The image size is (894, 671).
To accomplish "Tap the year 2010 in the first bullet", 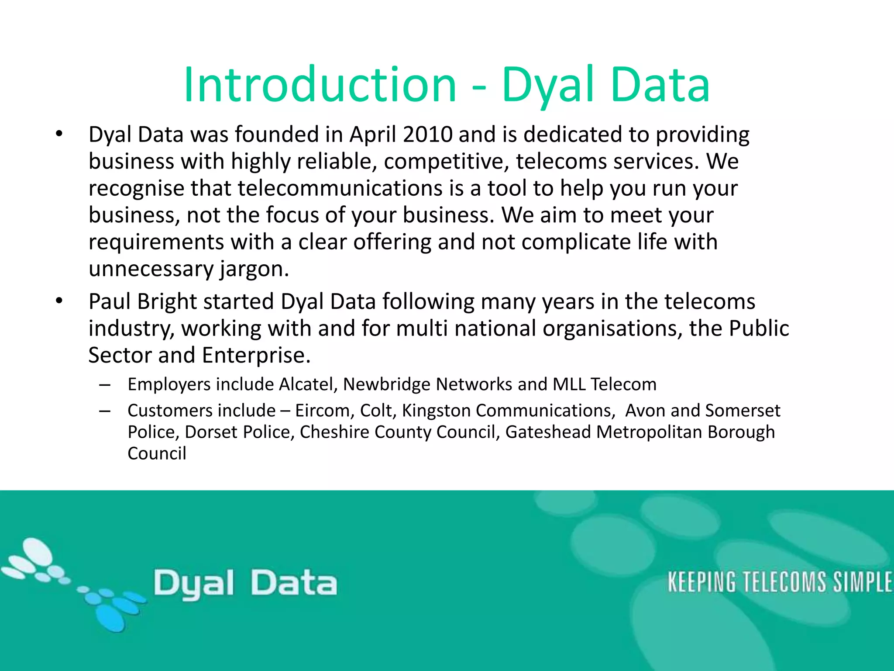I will [428, 135].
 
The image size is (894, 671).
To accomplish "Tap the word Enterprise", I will [256, 355].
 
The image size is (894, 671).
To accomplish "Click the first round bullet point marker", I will [59, 134].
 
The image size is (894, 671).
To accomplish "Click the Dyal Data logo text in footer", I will [245, 584].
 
